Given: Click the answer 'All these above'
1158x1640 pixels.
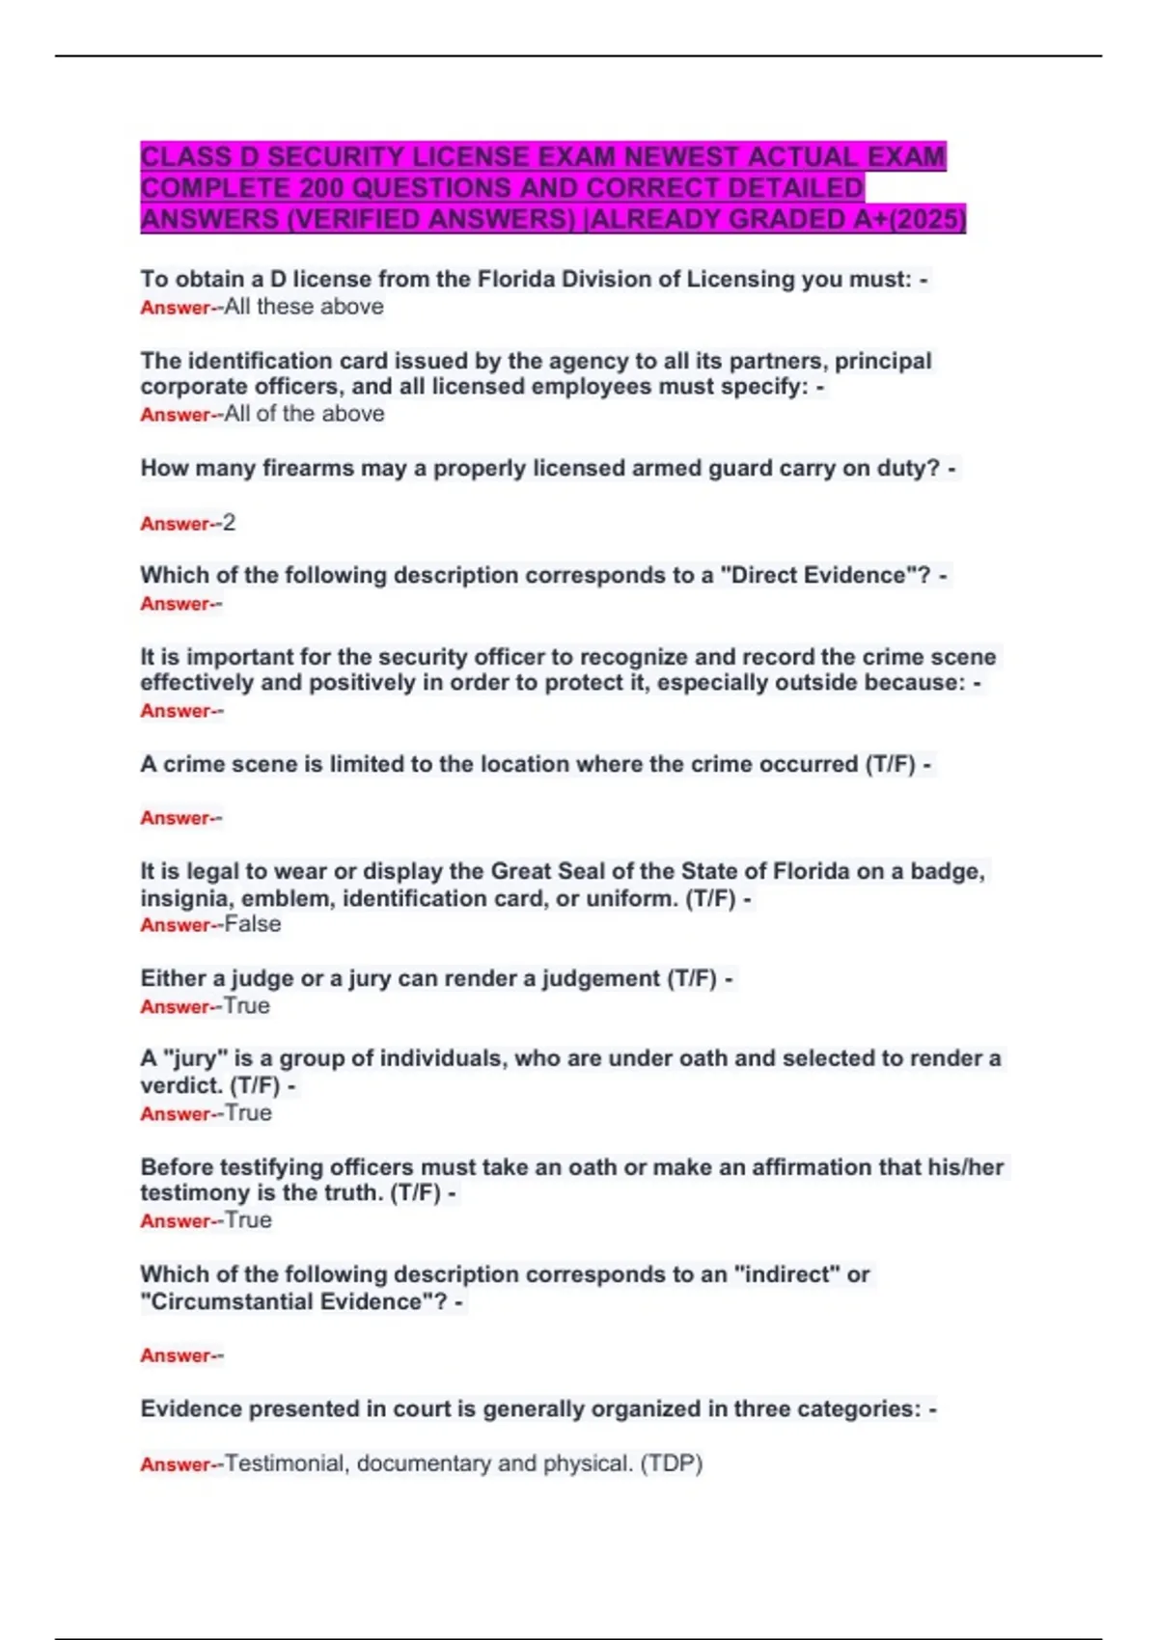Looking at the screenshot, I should [x=304, y=307].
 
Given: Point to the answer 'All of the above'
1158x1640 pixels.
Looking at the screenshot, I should [x=304, y=414].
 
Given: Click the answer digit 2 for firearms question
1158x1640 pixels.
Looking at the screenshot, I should [x=229, y=523].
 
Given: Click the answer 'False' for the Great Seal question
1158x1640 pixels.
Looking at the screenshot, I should [x=253, y=924].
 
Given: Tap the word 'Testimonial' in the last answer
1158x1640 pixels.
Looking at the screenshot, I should [x=284, y=1463].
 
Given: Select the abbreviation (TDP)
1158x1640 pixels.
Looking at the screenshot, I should [x=672, y=1463].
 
